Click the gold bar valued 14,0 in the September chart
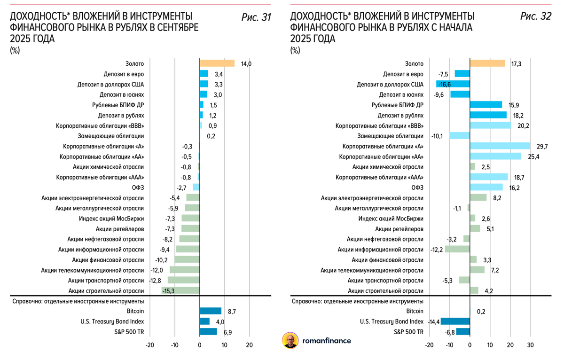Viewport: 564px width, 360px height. [217, 63]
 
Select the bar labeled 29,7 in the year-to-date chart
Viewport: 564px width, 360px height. [500, 146]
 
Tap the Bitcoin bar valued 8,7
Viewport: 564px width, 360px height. [210, 311]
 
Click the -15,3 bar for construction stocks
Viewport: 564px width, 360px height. [180, 290]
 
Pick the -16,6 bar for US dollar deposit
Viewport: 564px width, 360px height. [453, 84]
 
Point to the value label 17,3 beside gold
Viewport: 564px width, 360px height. [516, 63]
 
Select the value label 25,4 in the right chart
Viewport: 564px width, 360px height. [533, 157]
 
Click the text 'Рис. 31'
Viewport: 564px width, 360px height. [256, 17]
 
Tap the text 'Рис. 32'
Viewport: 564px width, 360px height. [536, 17]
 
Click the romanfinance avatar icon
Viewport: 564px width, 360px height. [290, 341]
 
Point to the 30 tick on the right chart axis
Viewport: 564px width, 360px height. [531, 345]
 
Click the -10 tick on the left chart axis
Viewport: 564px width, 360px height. [174, 345]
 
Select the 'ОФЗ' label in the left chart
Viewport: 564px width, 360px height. [138, 188]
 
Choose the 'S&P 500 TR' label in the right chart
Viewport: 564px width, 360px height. [409, 332]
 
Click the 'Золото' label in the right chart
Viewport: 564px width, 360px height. [414, 63]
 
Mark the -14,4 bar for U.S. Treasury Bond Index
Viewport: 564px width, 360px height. [455, 321]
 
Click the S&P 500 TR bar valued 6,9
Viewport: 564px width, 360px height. [208, 332]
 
